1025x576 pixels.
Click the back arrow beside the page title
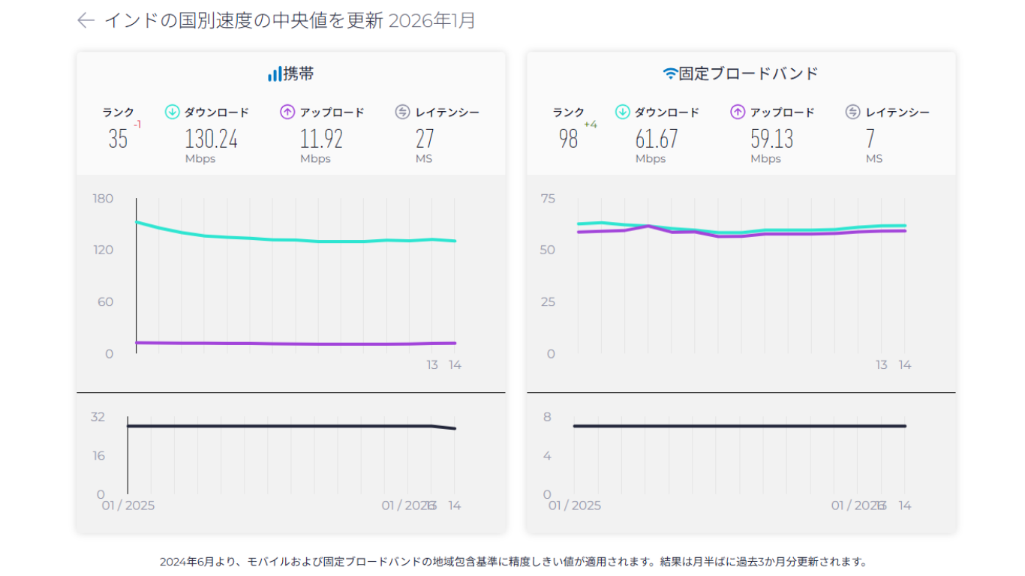(x=86, y=20)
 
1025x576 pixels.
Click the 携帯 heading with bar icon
(x=291, y=73)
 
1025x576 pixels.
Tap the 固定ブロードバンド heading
(x=741, y=73)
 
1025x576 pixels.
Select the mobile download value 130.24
(x=211, y=139)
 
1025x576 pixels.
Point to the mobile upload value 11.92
(x=321, y=139)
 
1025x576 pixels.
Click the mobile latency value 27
(x=425, y=139)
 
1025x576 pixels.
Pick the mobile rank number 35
(x=118, y=139)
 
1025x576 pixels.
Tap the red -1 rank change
(x=137, y=124)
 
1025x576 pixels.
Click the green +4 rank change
(x=591, y=124)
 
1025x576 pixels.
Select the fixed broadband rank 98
(x=568, y=139)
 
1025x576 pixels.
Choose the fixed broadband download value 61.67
(x=656, y=139)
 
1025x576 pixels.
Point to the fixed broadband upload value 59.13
(x=771, y=139)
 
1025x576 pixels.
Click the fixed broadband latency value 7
(x=870, y=139)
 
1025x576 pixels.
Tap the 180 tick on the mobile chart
(x=103, y=198)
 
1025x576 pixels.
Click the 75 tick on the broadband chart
(x=548, y=198)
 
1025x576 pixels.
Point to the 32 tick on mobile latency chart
(x=98, y=417)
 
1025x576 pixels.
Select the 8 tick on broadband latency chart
(x=548, y=417)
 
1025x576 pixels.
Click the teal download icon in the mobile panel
(x=172, y=112)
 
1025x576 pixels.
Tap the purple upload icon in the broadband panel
(x=738, y=112)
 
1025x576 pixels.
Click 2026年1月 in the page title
(x=431, y=20)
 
